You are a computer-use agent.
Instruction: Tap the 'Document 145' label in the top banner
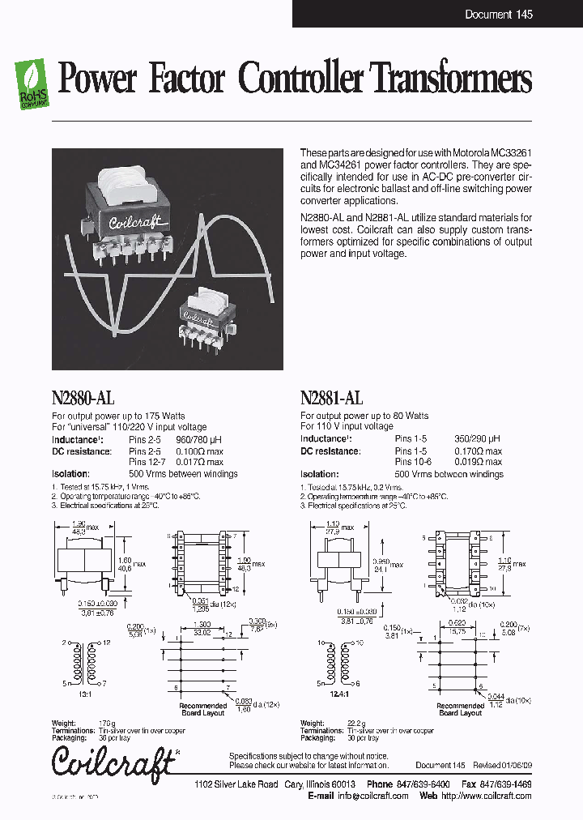pyautogui.click(x=499, y=15)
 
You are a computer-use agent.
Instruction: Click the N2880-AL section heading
pyautogui.click(x=83, y=398)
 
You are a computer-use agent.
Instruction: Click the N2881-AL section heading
pyautogui.click(x=331, y=398)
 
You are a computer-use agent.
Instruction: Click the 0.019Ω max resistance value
pyautogui.click(x=477, y=462)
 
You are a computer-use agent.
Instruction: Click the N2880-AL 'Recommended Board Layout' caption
pyautogui.click(x=202, y=710)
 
